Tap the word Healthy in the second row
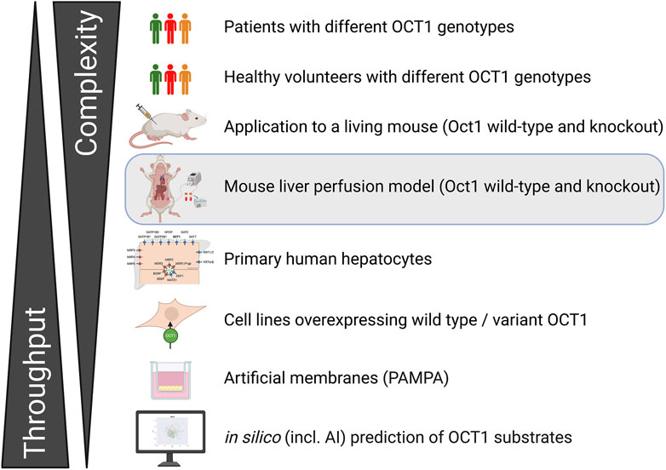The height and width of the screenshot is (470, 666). pyautogui.click(x=252, y=77)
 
